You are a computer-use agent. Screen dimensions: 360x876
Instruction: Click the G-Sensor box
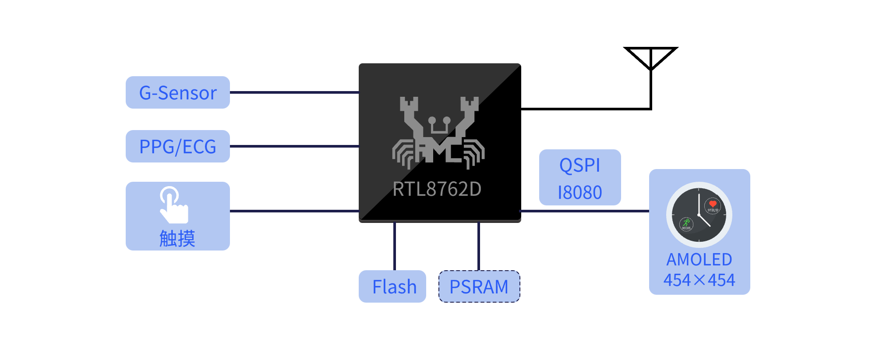tap(177, 92)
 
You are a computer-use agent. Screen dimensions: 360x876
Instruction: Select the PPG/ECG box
tap(177, 146)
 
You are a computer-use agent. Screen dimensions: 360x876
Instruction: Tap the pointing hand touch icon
tap(174, 205)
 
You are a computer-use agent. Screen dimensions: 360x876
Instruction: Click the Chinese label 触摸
tap(177, 239)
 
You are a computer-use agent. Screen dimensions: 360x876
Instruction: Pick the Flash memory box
tap(392, 286)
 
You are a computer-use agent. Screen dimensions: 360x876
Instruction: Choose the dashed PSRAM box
tap(479, 286)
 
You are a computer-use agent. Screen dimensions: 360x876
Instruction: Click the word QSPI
tap(579, 166)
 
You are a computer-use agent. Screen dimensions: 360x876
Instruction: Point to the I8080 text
tap(579, 193)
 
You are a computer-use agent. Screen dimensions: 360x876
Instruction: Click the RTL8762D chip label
tap(437, 189)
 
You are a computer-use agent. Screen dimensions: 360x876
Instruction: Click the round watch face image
tap(699, 215)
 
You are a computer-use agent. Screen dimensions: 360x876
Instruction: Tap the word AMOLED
tap(699, 260)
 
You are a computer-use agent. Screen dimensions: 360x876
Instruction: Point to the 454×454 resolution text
tap(699, 280)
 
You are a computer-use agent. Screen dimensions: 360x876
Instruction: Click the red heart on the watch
tap(713, 204)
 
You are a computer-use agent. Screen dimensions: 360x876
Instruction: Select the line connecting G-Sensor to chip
tap(294, 92)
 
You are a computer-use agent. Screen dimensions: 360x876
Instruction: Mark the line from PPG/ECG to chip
tap(294, 146)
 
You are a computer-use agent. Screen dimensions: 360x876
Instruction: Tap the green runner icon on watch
tap(686, 222)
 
